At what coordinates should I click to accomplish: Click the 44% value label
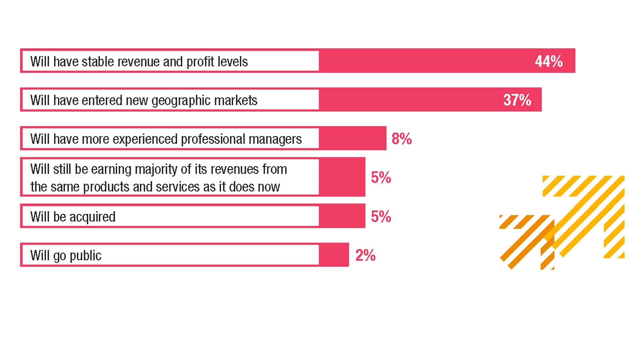pyautogui.click(x=549, y=61)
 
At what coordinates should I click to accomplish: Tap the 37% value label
pyautogui.click(x=517, y=100)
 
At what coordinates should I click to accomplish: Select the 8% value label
pyautogui.click(x=401, y=139)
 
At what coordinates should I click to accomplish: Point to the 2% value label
pyautogui.click(x=365, y=255)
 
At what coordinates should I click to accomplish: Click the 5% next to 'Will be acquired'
pyautogui.click(x=381, y=216)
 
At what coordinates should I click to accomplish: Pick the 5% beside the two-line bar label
pyautogui.click(x=381, y=177)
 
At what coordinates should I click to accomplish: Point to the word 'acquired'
pyautogui.click(x=92, y=217)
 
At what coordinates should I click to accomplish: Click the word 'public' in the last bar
pyautogui.click(x=85, y=256)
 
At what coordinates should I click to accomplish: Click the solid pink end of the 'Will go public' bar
pyautogui.click(x=334, y=255)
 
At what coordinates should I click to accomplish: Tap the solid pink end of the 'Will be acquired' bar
pyautogui.click(x=342, y=216)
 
